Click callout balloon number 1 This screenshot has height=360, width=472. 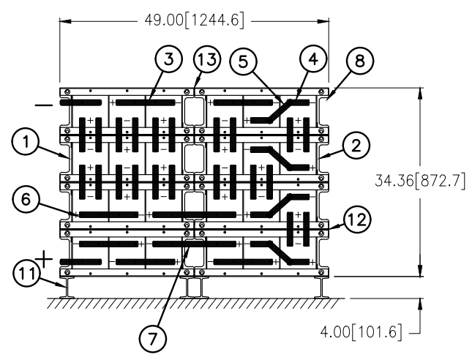point(26,142)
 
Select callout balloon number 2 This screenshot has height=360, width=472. point(356,146)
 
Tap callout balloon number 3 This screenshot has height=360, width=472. point(169,59)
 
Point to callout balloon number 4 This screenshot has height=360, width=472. point(313,59)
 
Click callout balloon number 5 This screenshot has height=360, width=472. point(243,61)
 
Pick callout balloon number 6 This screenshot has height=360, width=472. point(26,199)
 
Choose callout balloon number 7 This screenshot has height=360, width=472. point(153,339)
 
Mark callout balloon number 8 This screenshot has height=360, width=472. point(360,61)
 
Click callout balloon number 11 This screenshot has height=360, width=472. point(27,274)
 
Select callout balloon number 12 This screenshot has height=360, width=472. point(357,220)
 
